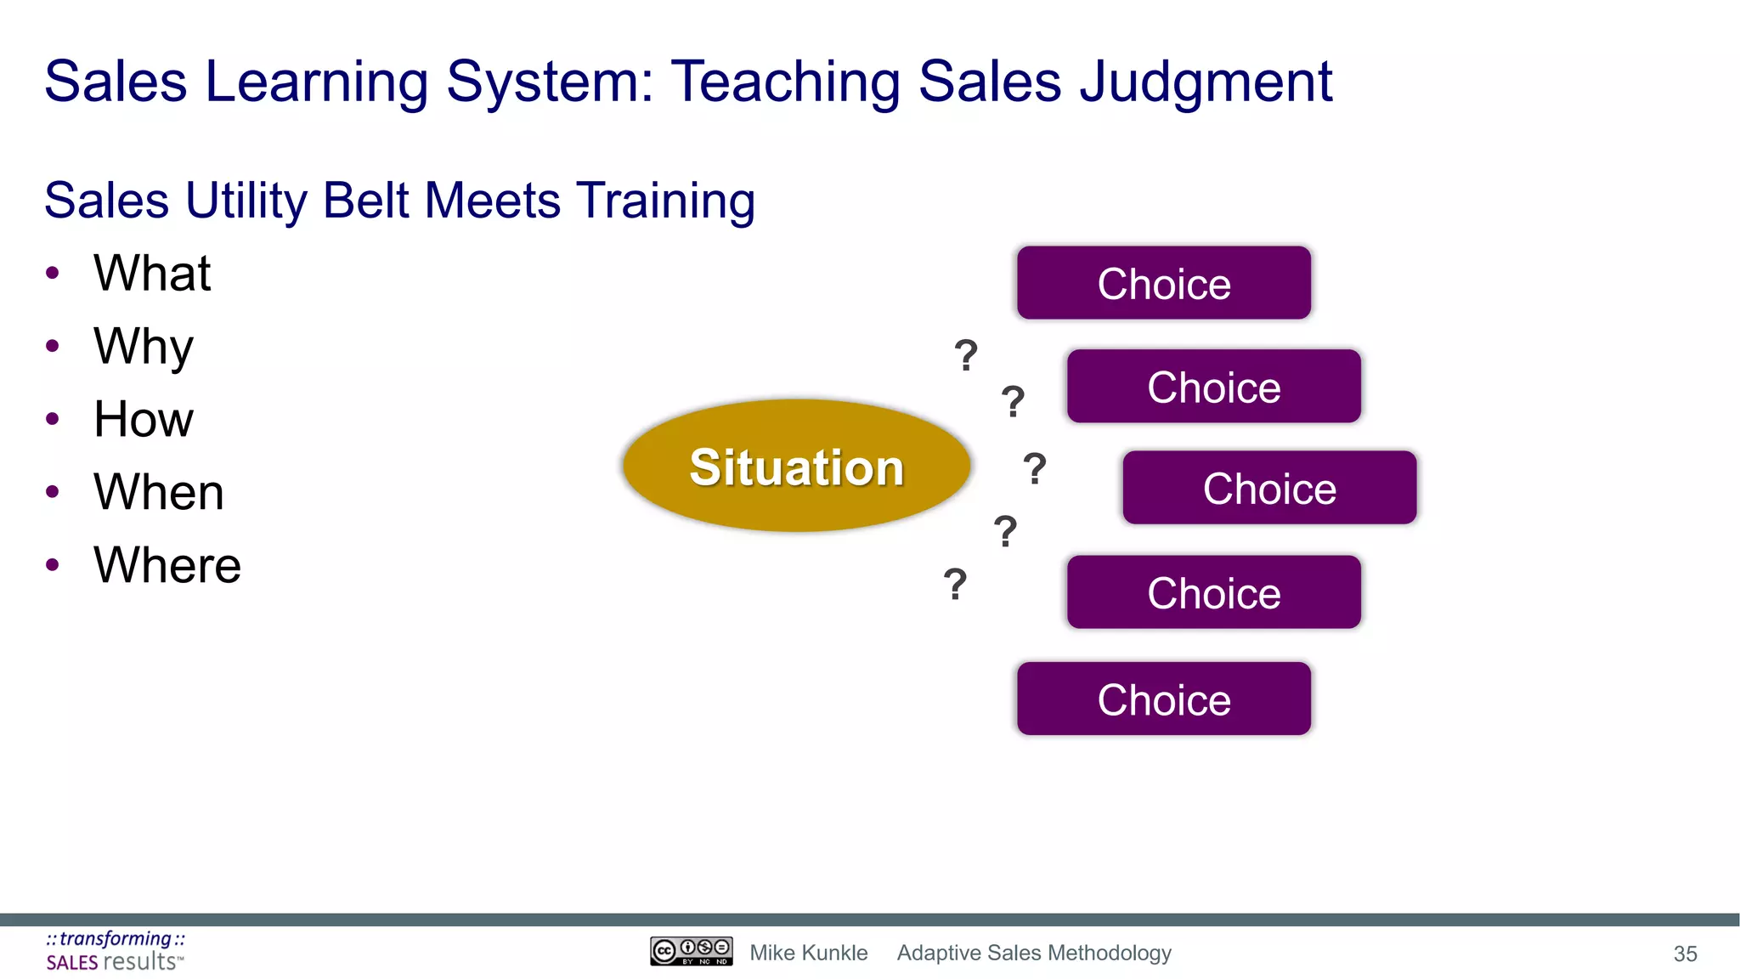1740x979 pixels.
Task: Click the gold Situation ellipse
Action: pyautogui.click(x=796, y=466)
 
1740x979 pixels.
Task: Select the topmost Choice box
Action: pyautogui.click(x=1163, y=283)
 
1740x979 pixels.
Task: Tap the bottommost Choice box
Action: pyautogui.click(x=1163, y=699)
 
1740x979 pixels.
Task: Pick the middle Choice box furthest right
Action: pyautogui.click(x=1269, y=488)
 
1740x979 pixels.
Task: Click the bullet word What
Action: pyautogui.click(x=152, y=273)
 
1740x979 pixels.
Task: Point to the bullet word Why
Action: pyautogui.click(x=144, y=347)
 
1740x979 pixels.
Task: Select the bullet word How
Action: pyautogui.click(x=144, y=419)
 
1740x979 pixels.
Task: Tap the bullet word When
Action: pyautogui.click(x=159, y=492)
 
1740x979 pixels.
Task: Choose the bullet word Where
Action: pyautogui.click(x=167, y=565)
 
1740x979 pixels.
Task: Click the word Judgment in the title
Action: pyautogui.click(x=1206, y=82)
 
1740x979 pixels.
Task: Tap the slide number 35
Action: pyautogui.click(x=1685, y=954)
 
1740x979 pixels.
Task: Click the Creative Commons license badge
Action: pyautogui.click(x=691, y=951)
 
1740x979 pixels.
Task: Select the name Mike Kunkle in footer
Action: pyautogui.click(x=808, y=953)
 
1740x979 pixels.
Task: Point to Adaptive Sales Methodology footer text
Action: pyautogui.click(x=1034, y=953)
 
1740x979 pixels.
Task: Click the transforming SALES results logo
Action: pyautogui.click(x=115, y=951)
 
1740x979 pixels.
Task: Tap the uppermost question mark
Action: pyautogui.click(x=965, y=355)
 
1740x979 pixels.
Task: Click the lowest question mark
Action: pyautogui.click(x=955, y=585)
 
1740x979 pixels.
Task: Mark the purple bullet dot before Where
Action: pyautogui.click(x=53, y=565)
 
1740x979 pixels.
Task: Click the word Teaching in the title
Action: pyautogui.click(x=786, y=82)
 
